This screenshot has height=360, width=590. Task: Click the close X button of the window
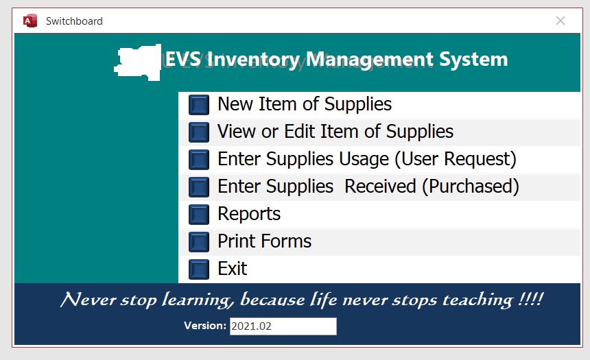click(x=560, y=21)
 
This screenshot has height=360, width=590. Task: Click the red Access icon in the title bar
click(x=30, y=21)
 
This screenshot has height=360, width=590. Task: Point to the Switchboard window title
click(x=74, y=21)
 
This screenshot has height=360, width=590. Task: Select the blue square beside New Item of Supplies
click(x=199, y=105)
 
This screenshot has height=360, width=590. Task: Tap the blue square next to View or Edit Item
click(x=199, y=132)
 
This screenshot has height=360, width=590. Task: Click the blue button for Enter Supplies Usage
click(x=199, y=160)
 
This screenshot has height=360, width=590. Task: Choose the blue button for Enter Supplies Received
click(x=199, y=187)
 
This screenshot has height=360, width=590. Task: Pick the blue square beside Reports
click(x=199, y=215)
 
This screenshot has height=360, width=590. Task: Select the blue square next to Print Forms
click(x=199, y=242)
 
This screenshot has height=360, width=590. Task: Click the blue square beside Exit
click(x=199, y=269)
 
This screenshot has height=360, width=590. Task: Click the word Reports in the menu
click(x=249, y=215)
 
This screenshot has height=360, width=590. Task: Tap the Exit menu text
click(x=233, y=269)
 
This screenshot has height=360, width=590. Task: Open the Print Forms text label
click(x=265, y=241)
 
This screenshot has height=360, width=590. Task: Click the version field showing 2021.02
click(x=283, y=326)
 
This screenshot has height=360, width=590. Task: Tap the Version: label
click(x=205, y=326)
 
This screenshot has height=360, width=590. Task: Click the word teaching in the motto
click(x=477, y=300)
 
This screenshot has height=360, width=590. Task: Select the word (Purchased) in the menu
click(x=471, y=187)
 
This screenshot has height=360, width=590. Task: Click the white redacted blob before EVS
click(x=139, y=62)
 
